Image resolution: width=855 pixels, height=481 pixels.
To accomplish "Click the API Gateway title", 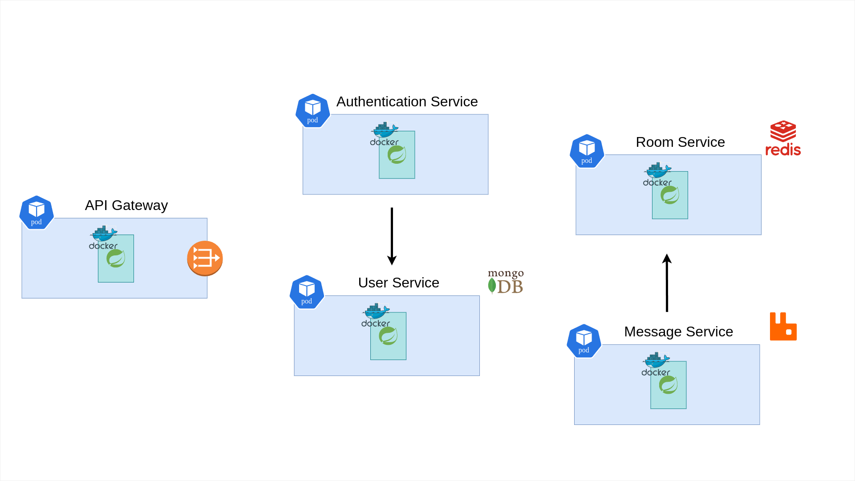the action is [x=126, y=205].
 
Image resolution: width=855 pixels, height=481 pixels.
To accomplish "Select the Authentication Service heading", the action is [x=407, y=101].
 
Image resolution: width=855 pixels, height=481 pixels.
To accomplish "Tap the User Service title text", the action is [x=398, y=283].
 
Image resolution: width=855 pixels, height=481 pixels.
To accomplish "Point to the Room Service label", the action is [x=680, y=142].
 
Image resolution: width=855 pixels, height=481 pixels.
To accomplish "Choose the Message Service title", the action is [x=678, y=331].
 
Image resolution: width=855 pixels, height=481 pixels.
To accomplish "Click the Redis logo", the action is [x=783, y=138].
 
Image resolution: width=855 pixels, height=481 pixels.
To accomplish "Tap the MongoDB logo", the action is [x=506, y=281].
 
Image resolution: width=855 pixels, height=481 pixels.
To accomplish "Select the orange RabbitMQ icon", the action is [x=783, y=326].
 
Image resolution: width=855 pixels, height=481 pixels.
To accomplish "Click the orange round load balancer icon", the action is [x=205, y=258].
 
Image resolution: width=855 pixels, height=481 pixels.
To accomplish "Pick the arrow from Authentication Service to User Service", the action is [x=392, y=236].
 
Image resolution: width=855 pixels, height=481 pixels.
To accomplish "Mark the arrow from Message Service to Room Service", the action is [x=667, y=283].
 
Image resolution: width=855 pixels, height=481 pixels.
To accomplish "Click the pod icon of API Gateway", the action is [x=36, y=213].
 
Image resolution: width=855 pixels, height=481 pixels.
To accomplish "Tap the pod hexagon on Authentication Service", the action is [x=313, y=111].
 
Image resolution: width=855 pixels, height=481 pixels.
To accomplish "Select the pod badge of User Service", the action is [x=307, y=292].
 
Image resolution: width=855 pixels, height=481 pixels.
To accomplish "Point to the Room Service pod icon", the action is [x=587, y=151].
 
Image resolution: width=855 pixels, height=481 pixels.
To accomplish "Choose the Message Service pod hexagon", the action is [x=584, y=341].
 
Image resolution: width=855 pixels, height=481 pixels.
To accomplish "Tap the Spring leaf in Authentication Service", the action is [x=397, y=155].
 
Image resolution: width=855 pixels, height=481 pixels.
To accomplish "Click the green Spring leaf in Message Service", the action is [x=668, y=385].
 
